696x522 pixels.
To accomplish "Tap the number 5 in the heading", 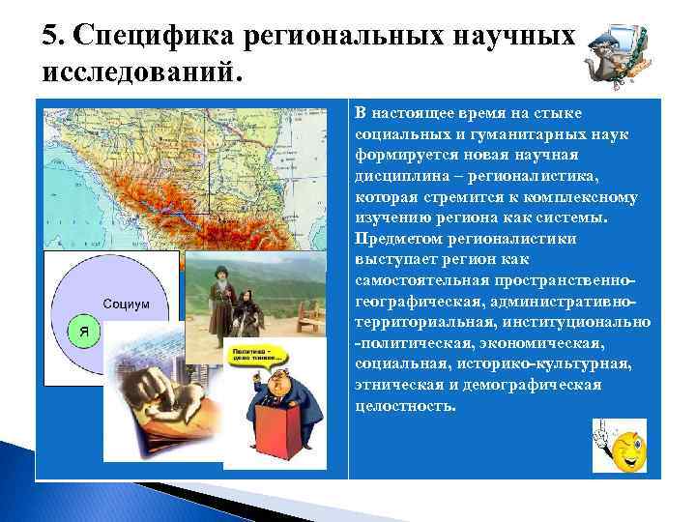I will [50, 37].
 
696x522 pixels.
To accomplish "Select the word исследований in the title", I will [137, 72].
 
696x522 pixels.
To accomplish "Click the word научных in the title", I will [508, 37].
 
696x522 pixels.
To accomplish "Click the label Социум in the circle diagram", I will [127, 303].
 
